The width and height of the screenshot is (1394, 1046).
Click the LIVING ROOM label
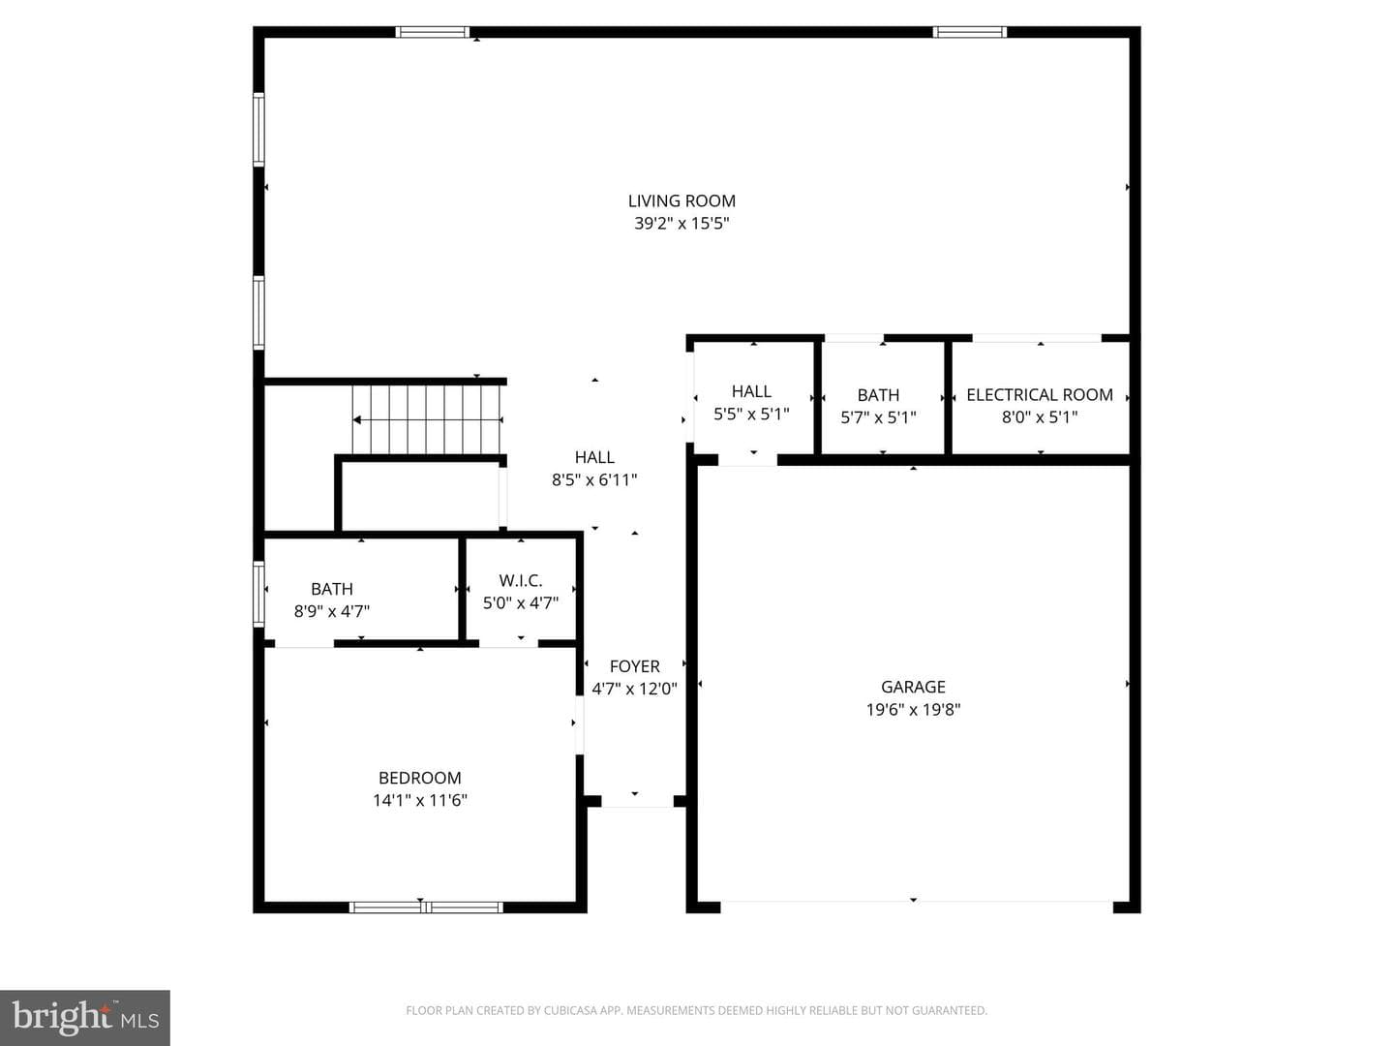pyautogui.click(x=682, y=200)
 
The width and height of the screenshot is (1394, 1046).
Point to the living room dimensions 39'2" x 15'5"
pyautogui.click(x=682, y=223)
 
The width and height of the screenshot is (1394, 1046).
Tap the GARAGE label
pyautogui.click(x=913, y=687)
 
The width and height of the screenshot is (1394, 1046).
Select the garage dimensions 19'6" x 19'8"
pyautogui.click(x=913, y=709)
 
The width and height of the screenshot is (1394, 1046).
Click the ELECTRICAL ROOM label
pyautogui.click(x=1040, y=395)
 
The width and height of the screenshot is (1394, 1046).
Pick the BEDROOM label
pyautogui.click(x=420, y=778)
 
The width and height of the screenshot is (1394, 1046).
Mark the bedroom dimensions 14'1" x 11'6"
pyautogui.click(x=420, y=800)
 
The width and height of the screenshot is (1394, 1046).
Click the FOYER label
pyautogui.click(x=634, y=666)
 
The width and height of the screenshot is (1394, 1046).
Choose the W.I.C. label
pyautogui.click(x=521, y=580)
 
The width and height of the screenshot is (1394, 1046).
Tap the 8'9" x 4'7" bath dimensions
pyautogui.click(x=331, y=611)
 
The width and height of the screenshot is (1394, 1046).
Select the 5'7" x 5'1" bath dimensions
pyautogui.click(x=878, y=417)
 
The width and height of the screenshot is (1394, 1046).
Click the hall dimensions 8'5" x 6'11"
pyautogui.click(x=593, y=479)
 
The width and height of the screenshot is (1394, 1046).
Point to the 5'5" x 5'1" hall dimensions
pyautogui.click(x=751, y=415)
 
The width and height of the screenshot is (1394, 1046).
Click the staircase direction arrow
pyautogui.click(x=428, y=419)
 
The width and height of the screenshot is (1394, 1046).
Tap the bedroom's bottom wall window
pyautogui.click(x=426, y=907)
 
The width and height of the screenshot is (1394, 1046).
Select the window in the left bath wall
pyautogui.click(x=258, y=594)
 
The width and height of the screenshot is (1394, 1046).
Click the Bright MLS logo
pyautogui.click(x=85, y=1017)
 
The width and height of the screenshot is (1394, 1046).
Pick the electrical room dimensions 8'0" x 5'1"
pyautogui.click(x=1040, y=417)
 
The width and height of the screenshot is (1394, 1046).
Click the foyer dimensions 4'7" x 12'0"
pyautogui.click(x=634, y=689)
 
